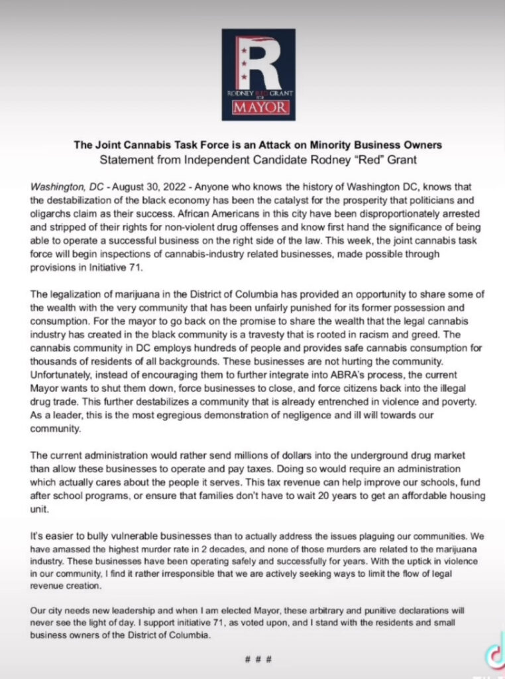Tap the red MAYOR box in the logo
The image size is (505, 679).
(x=252, y=108)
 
